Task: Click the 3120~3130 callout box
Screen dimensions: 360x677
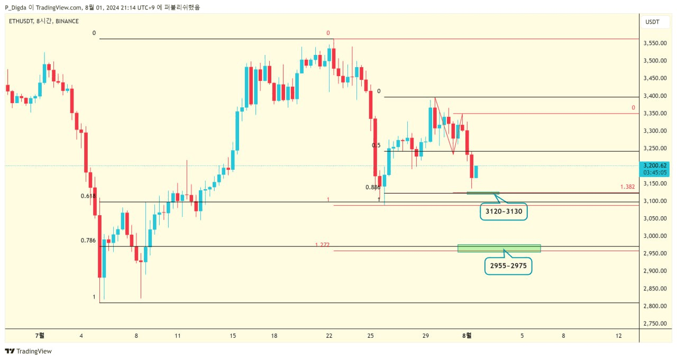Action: [503, 212]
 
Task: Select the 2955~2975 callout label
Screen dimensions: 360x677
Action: [508, 266]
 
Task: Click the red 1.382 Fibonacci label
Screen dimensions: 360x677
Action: [627, 187]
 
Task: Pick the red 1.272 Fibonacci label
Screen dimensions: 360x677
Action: [322, 245]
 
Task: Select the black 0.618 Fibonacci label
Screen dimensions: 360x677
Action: [88, 196]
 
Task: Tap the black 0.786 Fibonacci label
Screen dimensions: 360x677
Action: [88, 241]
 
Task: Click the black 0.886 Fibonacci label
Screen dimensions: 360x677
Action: [373, 187]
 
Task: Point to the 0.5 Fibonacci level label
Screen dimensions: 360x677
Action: [376, 145]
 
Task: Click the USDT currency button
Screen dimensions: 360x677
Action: [652, 22]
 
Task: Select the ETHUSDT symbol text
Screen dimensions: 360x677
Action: [21, 21]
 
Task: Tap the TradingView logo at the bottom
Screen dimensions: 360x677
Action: [29, 351]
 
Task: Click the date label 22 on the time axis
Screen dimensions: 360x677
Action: [329, 335]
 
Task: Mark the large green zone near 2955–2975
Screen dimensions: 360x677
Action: [499, 248]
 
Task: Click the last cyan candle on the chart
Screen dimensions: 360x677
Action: [477, 172]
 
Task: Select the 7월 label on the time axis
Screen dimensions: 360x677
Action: [40, 335]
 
